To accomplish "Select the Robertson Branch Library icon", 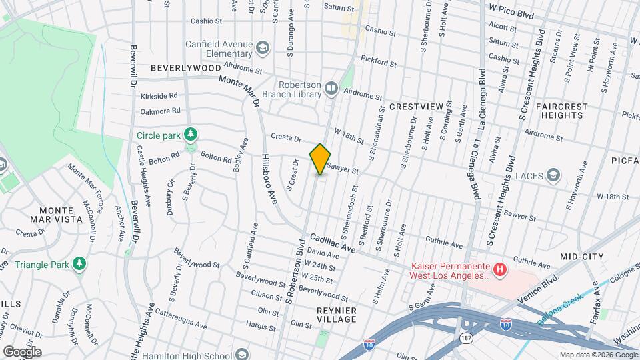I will (x=331, y=88).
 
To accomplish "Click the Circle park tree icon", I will (x=191, y=135).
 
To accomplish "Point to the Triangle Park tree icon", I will (x=79, y=264).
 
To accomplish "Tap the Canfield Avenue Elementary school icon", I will (x=263, y=47).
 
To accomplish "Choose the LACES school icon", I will (x=553, y=176).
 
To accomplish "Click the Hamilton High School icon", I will (x=242, y=353).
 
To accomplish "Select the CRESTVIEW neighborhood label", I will (x=416, y=107).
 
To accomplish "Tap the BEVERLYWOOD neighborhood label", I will (x=185, y=68).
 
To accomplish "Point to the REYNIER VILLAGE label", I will (x=336, y=315).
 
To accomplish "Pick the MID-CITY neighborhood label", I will (x=581, y=257).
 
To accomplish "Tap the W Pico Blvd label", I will (x=512, y=8).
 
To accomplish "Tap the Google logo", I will (x=22, y=351).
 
